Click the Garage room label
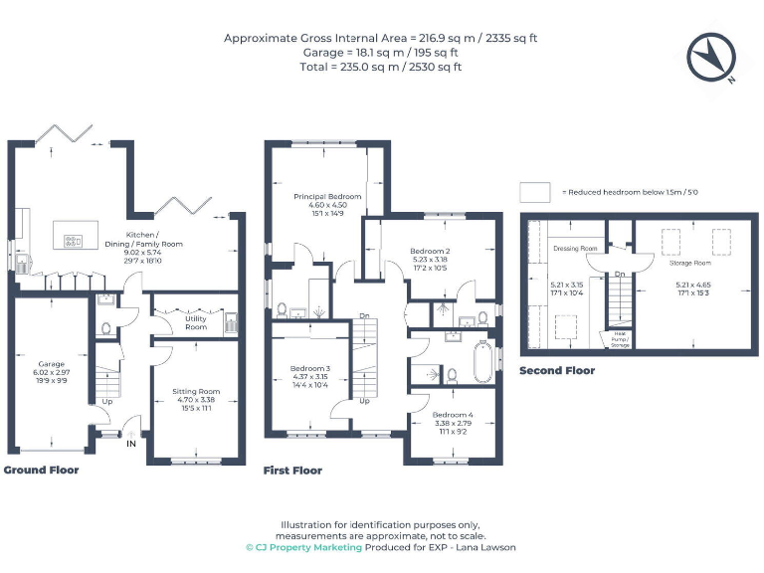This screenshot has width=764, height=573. pos(51,364)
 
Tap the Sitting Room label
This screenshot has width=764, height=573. pos(196,391)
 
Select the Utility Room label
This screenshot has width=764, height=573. pos(196,322)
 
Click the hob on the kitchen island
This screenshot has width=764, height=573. pos(74,239)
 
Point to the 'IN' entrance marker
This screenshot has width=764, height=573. pos(129,444)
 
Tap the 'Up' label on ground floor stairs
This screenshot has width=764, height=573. pos(106,402)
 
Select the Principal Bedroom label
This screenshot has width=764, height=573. pos(326,197)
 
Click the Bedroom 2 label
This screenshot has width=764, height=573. pos(434,251)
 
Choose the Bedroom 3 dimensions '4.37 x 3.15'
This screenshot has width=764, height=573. pos(309,377)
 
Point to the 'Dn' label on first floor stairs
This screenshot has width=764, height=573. pos(363,317)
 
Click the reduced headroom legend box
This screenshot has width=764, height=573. pos(535,191)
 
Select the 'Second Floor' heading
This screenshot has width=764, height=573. pos(557,371)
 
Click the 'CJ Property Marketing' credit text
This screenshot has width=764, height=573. pos(303,547)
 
